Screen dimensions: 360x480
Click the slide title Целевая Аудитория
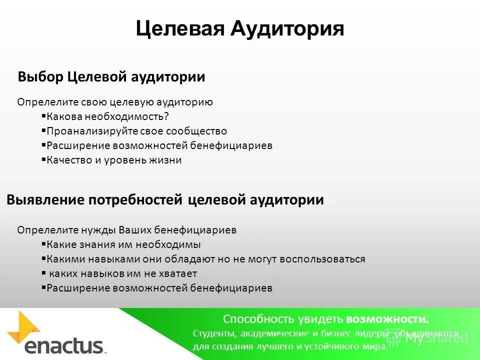[x=240, y=28]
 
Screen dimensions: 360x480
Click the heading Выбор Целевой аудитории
[x=111, y=77]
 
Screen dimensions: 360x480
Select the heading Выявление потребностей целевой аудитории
[x=165, y=200]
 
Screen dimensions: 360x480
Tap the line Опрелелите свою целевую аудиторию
[x=115, y=102]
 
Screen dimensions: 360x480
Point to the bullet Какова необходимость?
[x=107, y=116]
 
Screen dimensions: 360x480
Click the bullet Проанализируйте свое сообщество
[x=136, y=131]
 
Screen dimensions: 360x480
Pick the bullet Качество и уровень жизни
[x=114, y=160]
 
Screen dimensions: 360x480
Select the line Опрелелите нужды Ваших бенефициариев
[x=126, y=230]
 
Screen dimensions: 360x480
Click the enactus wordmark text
[x=64, y=346]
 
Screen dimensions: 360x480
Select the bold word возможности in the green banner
[x=387, y=319]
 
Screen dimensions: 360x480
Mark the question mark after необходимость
[x=167, y=116]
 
